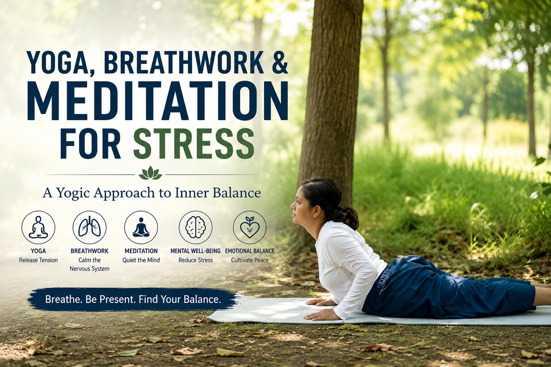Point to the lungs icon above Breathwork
coord(90,227)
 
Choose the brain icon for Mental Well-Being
coord(196,227)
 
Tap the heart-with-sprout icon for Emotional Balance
coord(250,227)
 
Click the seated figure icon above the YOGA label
coord(38,227)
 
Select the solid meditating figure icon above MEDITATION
coord(141,227)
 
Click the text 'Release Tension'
coord(38,260)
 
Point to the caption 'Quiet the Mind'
coord(141,260)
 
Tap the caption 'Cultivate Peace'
coord(250,260)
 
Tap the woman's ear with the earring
coord(316,212)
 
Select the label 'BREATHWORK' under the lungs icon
coord(90,251)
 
